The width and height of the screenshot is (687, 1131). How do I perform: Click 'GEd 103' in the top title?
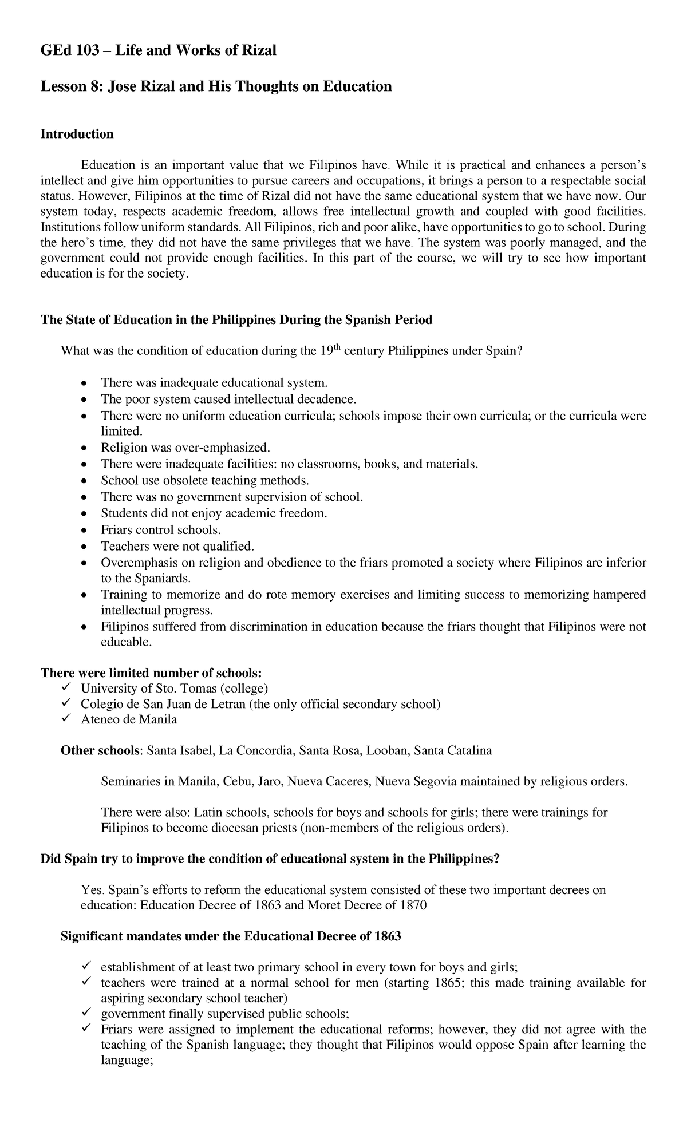tap(62, 50)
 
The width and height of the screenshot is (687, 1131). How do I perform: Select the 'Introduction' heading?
tap(77, 134)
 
